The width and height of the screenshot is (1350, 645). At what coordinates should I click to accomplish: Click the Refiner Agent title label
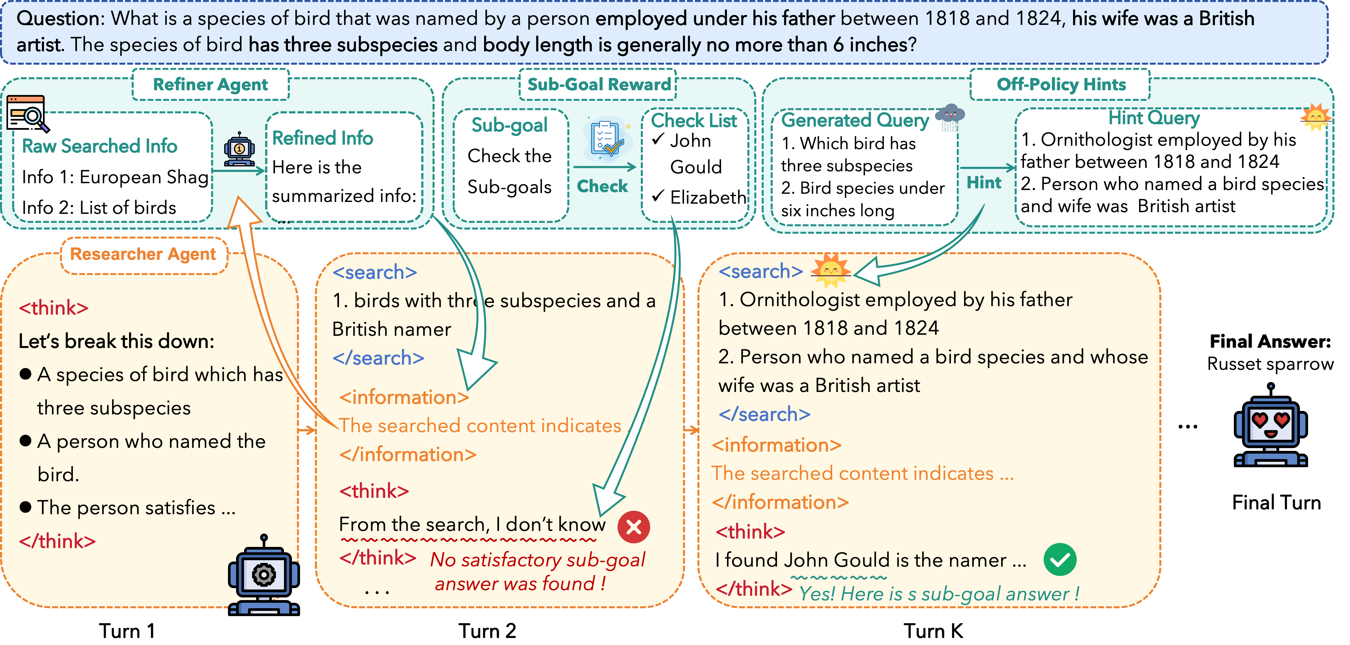click(x=210, y=84)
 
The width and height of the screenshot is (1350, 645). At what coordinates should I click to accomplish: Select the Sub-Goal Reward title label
click(x=599, y=84)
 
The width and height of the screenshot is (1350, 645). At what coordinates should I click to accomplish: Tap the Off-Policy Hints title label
click(x=1061, y=84)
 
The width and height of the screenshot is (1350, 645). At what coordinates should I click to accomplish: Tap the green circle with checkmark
click(x=1060, y=560)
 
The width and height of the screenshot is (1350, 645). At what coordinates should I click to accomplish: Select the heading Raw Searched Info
click(x=99, y=146)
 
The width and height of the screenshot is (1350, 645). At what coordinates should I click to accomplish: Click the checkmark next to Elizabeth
click(x=658, y=196)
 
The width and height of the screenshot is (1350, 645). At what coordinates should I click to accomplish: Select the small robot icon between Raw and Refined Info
click(x=239, y=149)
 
